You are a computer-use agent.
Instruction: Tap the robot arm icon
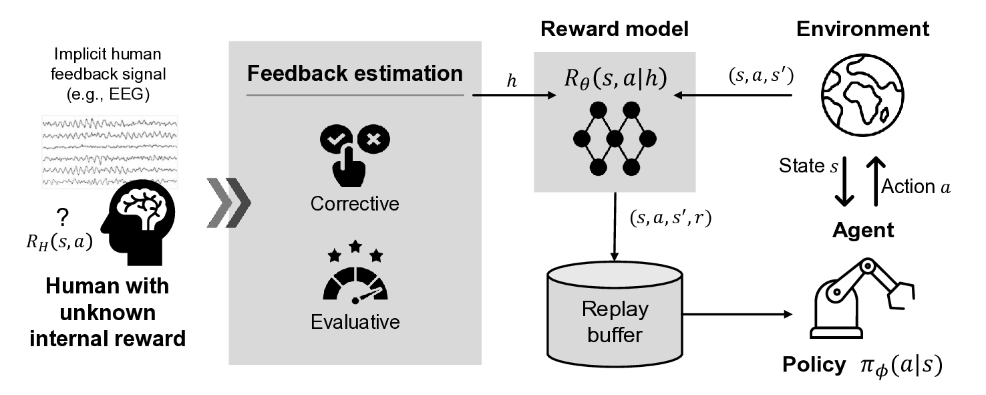point(862,297)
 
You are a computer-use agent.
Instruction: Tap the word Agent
point(862,231)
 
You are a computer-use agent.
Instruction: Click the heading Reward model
point(615,29)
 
